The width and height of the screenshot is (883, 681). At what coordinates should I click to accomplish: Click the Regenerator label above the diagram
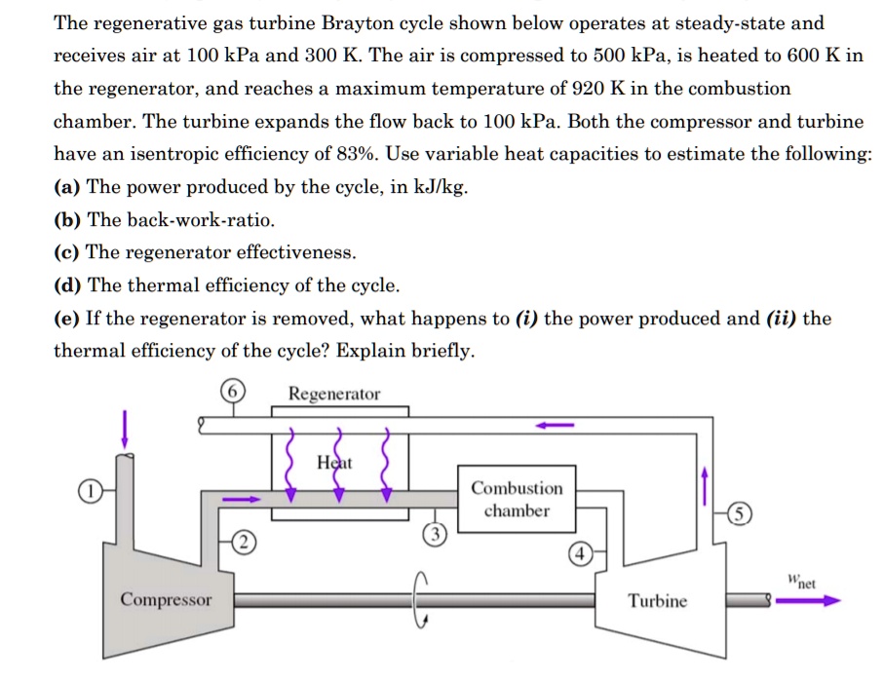[x=334, y=394]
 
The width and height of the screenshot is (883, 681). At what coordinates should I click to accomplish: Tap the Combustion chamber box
[x=517, y=500]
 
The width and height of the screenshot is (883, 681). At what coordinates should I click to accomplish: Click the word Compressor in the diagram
[x=165, y=599]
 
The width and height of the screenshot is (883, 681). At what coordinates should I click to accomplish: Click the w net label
[x=801, y=583]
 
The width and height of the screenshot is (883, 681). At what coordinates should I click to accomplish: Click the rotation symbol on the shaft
[x=420, y=599]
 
